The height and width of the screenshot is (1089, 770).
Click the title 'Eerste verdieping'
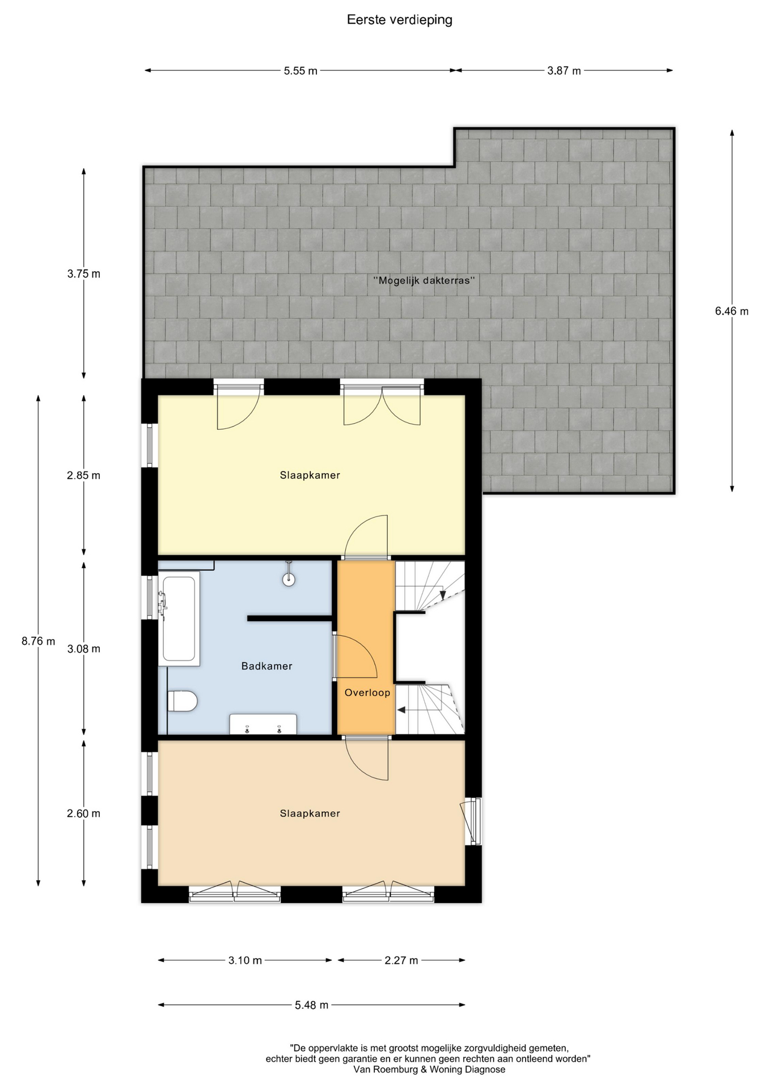pyautogui.click(x=400, y=20)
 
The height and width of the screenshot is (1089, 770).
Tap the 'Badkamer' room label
pyautogui.click(x=266, y=666)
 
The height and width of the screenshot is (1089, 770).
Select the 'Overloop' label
pyautogui.click(x=367, y=693)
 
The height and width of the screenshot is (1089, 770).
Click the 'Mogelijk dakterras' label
pyautogui.click(x=424, y=280)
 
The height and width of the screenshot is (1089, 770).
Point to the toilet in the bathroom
pyautogui.click(x=183, y=701)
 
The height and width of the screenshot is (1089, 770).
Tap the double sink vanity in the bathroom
pyautogui.click(x=263, y=724)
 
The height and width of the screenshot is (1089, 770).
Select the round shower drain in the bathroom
pyautogui.click(x=289, y=579)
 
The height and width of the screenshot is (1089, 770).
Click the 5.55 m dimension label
pyautogui.click(x=301, y=71)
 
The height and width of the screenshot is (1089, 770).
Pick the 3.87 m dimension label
pyautogui.click(x=564, y=71)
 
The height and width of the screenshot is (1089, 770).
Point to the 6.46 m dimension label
pyautogui.click(x=731, y=311)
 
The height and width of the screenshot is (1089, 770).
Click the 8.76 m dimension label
pyautogui.click(x=39, y=641)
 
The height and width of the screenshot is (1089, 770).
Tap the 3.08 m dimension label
pyautogui.click(x=84, y=649)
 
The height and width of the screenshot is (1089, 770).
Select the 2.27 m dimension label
pyautogui.click(x=401, y=960)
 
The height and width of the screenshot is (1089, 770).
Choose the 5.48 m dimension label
pyautogui.click(x=311, y=1005)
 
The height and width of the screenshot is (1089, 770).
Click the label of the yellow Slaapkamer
pyautogui.click(x=310, y=475)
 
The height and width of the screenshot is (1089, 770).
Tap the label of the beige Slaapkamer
pyautogui.click(x=310, y=813)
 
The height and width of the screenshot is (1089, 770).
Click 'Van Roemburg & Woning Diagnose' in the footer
pyautogui.click(x=429, y=1070)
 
